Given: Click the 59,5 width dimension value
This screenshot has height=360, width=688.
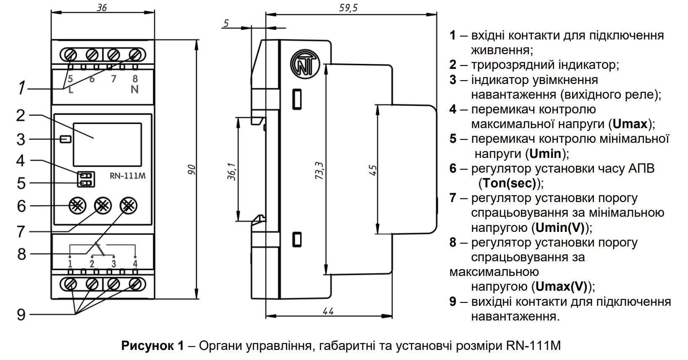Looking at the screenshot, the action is tap(348, 8).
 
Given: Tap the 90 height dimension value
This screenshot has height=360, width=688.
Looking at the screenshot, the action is tap(191, 170).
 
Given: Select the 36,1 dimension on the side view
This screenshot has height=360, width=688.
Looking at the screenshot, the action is tap(232, 171).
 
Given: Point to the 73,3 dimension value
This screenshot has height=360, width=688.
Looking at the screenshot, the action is tap(319, 171).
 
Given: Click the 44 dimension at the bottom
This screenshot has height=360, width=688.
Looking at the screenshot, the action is tap(328, 311).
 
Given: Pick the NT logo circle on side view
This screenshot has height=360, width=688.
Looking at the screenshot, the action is tap(305, 64).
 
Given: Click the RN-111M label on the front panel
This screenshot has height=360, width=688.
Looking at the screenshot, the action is tap(128, 176).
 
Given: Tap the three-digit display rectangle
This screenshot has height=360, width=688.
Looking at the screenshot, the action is tap(107, 145).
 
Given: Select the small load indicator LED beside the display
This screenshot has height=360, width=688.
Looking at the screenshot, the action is tap(65, 139).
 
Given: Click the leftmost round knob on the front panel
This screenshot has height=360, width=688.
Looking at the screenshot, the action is tap(77, 206).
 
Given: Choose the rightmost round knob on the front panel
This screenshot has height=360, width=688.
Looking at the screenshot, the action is tap(128, 206).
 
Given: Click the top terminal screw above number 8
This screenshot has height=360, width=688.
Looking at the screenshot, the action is tap(135, 55).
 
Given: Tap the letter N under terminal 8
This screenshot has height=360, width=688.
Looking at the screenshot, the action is tap(134, 89).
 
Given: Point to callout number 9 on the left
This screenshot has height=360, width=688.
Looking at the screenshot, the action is tap(21, 315).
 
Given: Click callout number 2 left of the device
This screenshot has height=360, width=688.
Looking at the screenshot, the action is tap(21, 116).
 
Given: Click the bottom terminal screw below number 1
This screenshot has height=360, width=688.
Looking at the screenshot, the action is tap(70, 284).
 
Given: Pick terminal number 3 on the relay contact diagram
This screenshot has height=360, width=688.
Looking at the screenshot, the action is tap(114, 264).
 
